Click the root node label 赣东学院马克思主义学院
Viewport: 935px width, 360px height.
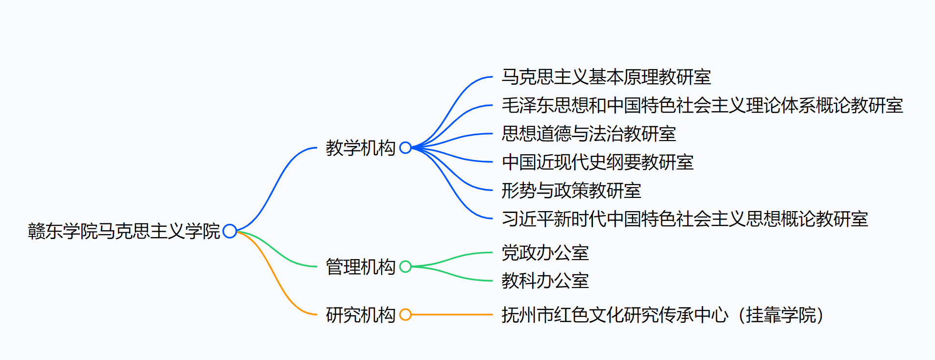[124, 231]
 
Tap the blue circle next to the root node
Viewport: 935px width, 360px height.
[229, 231]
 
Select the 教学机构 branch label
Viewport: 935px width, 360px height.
[360, 148]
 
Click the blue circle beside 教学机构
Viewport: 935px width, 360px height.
[405, 147]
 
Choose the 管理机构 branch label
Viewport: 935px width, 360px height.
[360, 267]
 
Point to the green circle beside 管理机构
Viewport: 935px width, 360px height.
[405, 266]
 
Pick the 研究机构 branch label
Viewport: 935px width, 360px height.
[360, 315]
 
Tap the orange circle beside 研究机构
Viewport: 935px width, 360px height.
[405, 314]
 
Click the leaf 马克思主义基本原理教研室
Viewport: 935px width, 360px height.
[606, 77]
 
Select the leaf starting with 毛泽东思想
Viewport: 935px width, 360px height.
[702, 105]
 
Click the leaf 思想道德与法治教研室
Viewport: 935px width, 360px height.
[589, 134]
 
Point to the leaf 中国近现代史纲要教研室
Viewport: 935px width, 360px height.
[597, 162]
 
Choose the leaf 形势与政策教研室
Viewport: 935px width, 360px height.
[571, 191]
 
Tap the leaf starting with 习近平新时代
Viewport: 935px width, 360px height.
[685, 219]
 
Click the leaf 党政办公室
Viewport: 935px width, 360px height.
[545, 253]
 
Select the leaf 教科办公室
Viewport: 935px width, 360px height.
[545, 281]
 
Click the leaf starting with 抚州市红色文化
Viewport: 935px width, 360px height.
[662, 315]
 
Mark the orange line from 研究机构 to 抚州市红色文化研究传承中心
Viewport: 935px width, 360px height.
[451, 314]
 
